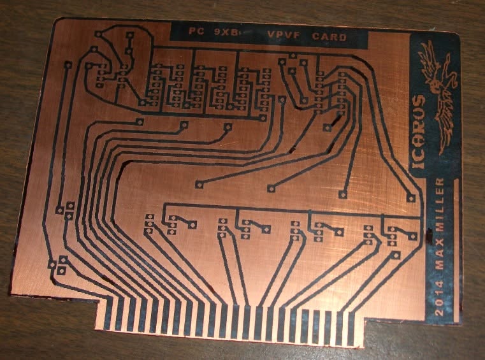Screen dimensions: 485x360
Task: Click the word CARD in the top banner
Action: pyautogui.click(x=329, y=37)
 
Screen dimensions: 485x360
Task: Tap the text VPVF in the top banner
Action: pyautogui.click(x=284, y=34)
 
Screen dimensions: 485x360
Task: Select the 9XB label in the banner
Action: pyautogui.click(x=227, y=32)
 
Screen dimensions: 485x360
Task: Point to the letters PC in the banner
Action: pyautogui.click(x=196, y=31)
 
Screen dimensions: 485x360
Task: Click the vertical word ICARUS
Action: pyautogui.click(x=419, y=131)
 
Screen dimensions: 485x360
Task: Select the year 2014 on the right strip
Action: pyautogui.click(x=439, y=298)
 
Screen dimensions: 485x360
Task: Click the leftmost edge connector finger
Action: pyautogui.click(x=108, y=313)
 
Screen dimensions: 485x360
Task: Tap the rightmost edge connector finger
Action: pyautogui.click(x=351, y=328)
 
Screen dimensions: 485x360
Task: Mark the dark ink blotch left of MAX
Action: pyautogui.click(x=429, y=236)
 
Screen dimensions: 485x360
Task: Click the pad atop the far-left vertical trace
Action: pyautogui.click(x=68, y=65)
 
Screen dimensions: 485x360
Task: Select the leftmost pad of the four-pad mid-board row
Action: pyautogui.click(x=199, y=185)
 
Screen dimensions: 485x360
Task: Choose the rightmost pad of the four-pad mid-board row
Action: pyautogui.click(x=411, y=198)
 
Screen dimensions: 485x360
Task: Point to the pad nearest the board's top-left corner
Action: pyautogui.click(x=98, y=34)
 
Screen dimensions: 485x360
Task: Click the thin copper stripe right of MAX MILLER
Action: pyautogui.click(x=456, y=250)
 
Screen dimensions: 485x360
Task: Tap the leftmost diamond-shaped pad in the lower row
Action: pyautogui.click(x=192, y=225)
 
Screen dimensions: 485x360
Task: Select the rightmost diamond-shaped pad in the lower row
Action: pyautogui.click(x=412, y=237)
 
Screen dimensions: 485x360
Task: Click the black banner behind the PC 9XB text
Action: pyautogui.click(x=268, y=35)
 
